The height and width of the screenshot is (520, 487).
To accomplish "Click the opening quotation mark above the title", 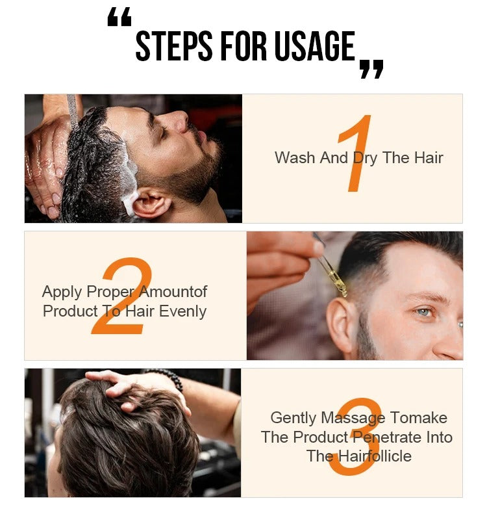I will [x=119, y=19].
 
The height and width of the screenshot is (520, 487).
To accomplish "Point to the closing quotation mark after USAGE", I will [x=371, y=69].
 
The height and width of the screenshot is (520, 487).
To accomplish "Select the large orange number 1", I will [x=354, y=154].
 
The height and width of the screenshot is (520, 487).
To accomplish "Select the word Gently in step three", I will [x=293, y=418].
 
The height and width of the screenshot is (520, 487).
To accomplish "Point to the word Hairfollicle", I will [x=373, y=456].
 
